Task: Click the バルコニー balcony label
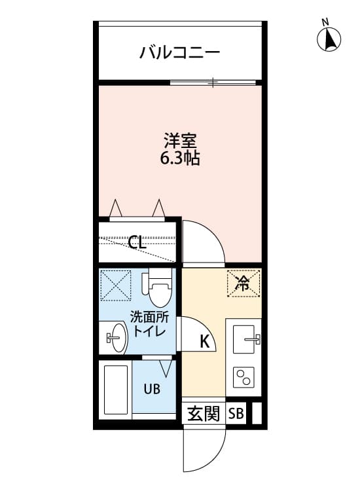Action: pos(179,53)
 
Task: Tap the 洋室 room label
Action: pos(180,140)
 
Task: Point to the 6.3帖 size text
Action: pos(180,158)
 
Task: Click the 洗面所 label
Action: pos(148,317)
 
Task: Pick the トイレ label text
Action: pos(148,331)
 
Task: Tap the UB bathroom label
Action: pos(152,389)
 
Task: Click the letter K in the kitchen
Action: pos(205,341)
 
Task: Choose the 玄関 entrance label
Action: pos(203,414)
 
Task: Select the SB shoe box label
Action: pos(236,414)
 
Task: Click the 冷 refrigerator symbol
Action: pos(243,283)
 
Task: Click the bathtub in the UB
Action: pos(116,390)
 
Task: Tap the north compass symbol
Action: pos(329,40)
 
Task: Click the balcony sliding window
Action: pos(213,82)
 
